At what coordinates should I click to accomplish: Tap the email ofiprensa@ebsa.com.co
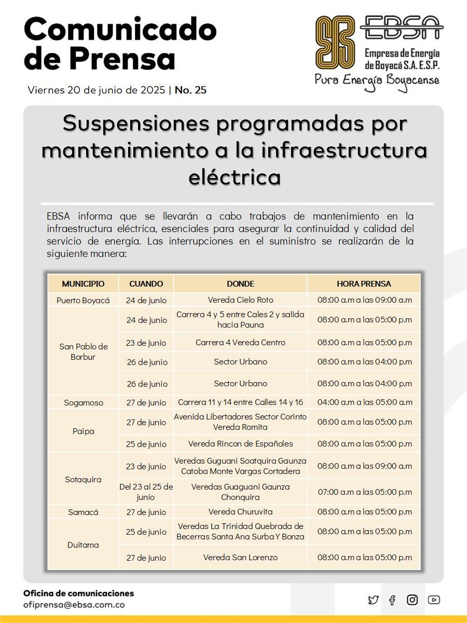click(x=74, y=604)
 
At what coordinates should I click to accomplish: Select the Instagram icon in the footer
click(x=413, y=600)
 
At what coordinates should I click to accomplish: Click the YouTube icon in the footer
click(x=434, y=600)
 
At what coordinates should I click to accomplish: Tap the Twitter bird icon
click(x=373, y=600)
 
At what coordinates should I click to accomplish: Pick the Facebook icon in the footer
click(x=392, y=600)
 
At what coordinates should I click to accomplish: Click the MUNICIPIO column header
click(x=83, y=284)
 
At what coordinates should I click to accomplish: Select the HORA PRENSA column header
click(x=364, y=284)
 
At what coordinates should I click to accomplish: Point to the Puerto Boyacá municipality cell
click(x=83, y=300)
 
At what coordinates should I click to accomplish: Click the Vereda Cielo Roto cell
click(x=240, y=300)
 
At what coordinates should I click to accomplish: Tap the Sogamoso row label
click(x=83, y=402)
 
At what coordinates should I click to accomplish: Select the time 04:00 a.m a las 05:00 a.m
click(x=364, y=402)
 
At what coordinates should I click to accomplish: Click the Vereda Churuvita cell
click(x=240, y=512)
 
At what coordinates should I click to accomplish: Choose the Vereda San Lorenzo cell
click(x=240, y=558)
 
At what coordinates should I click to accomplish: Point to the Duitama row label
click(x=83, y=545)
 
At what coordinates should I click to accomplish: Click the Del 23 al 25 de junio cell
click(x=146, y=492)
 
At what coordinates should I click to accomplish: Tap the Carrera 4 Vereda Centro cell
click(x=240, y=343)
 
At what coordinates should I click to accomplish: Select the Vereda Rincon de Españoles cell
click(x=240, y=444)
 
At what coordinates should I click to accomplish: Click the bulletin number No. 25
click(x=190, y=90)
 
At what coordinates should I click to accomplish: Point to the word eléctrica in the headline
click(x=234, y=178)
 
